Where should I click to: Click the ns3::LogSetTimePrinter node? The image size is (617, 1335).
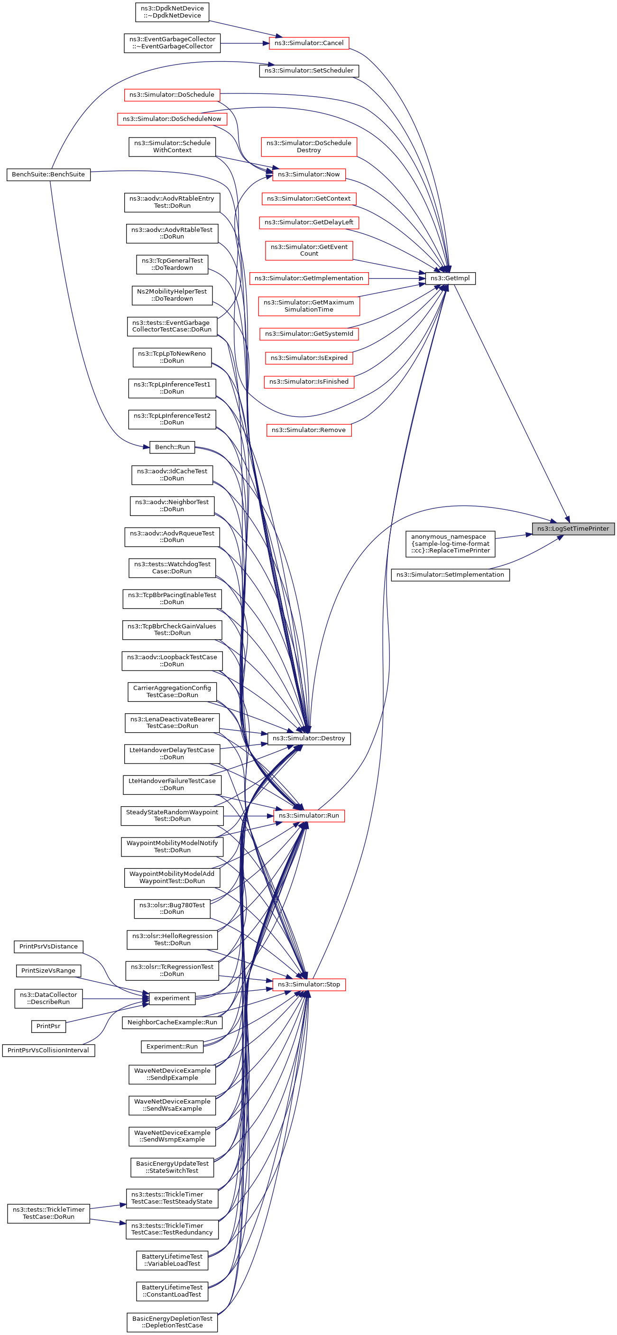(572, 529)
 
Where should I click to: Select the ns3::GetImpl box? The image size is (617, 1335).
(450, 278)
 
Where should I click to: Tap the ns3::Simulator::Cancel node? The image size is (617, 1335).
(309, 43)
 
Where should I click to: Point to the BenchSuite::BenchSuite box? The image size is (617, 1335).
(48, 174)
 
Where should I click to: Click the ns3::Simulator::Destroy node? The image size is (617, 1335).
(309, 738)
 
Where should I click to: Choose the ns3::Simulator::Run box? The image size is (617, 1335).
(309, 816)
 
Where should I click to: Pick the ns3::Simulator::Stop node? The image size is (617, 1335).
(309, 984)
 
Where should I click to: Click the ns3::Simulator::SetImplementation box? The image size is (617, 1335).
(450, 575)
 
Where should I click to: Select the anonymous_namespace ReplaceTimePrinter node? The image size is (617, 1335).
(450, 543)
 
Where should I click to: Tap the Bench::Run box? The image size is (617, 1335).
(172, 447)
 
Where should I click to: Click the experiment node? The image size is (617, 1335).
(172, 998)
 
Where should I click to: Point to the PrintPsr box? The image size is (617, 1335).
(48, 1026)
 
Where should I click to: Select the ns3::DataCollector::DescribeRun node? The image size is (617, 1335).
(48, 998)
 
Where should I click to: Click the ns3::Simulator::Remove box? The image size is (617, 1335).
(309, 430)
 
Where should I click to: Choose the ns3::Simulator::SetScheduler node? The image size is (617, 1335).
(309, 71)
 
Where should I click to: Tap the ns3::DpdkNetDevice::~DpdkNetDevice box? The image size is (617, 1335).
(172, 12)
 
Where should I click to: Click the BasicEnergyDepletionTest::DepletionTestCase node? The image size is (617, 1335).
(172, 1322)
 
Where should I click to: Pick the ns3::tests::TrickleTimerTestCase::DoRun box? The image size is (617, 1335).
(48, 1213)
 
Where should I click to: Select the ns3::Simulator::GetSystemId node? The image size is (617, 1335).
(309, 334)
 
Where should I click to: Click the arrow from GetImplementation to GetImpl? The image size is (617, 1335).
(397, 278)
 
